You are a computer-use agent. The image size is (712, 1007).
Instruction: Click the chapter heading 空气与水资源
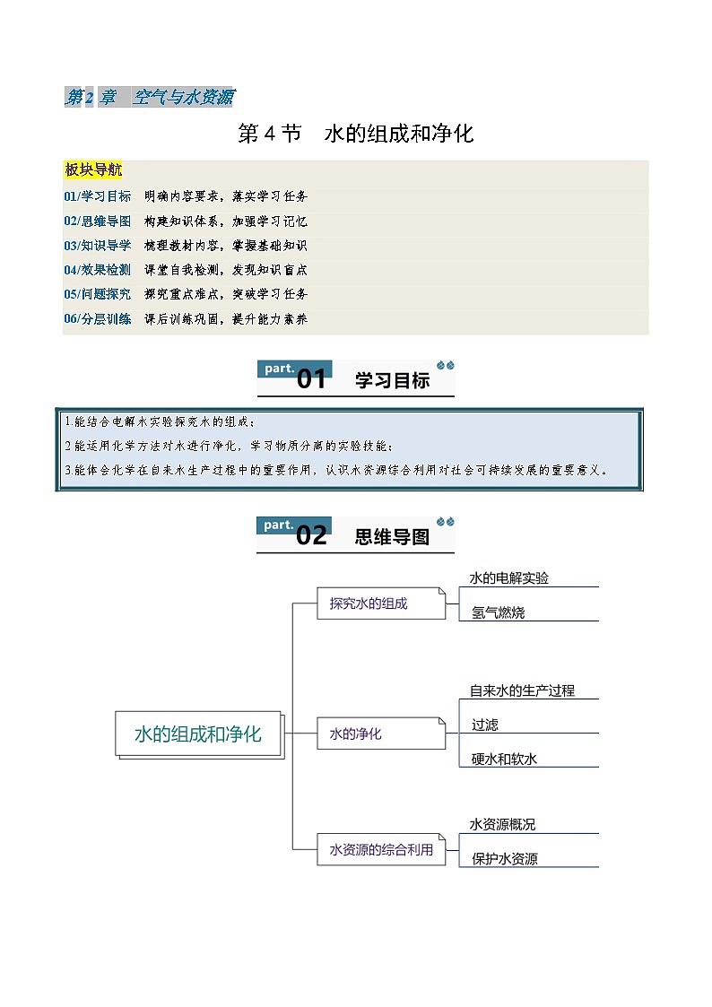(184, 97)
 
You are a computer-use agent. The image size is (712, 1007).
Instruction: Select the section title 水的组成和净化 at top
(399, 134)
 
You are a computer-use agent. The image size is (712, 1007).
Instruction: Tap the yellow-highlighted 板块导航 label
(93, 169)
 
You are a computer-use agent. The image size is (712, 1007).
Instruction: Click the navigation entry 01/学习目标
(98, 195)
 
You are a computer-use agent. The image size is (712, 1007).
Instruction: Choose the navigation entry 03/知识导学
(98, 246)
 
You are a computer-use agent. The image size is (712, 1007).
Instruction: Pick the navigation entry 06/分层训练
(98, 318)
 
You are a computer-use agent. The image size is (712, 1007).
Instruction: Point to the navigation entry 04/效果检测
(98, 270)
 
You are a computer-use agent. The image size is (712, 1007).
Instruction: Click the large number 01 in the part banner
(311, 379)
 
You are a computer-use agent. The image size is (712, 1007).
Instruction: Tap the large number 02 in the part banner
(311, 535)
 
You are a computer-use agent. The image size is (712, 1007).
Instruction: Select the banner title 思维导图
(392, 536)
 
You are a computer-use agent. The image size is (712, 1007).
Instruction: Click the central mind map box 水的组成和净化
(198, 734)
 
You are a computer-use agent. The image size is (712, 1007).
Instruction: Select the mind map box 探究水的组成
(381, 603)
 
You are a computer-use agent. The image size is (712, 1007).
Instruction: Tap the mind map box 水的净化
(381, 734)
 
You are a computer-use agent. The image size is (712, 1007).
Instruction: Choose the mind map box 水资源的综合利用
(381, 850)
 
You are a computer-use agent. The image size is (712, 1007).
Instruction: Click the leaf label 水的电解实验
(509, 578)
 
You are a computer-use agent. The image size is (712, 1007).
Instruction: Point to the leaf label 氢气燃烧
(499, 612)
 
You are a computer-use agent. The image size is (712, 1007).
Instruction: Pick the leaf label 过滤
(485, 725)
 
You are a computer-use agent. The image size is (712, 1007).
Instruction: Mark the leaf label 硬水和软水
(504, 760)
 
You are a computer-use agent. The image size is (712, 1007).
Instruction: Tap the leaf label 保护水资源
(505, 859)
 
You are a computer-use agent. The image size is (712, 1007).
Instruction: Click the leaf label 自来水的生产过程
(522, 690)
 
